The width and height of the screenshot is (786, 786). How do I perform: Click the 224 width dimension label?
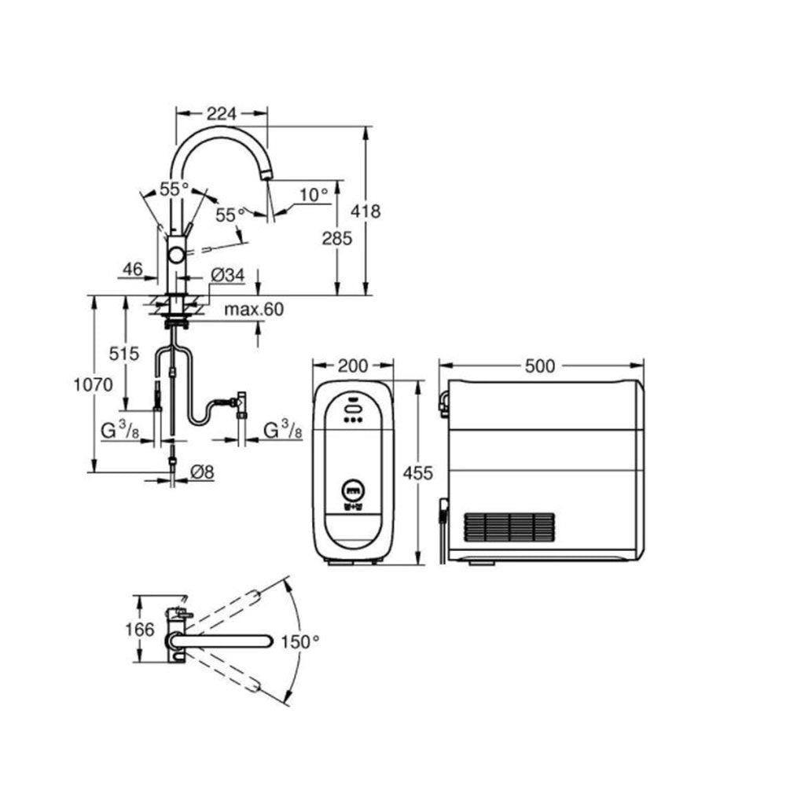(221, 113)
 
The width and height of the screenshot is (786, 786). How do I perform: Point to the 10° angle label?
(314, 194)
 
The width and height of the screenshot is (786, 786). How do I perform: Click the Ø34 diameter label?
(228, 275)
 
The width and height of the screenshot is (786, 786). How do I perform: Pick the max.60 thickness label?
(252, 310)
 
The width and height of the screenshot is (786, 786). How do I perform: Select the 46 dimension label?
(131, 269)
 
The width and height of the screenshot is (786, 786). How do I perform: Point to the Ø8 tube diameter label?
(204, 472)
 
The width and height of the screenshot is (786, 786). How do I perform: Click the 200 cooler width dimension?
(353, 365)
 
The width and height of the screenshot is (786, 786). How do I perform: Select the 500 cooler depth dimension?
(541, 365)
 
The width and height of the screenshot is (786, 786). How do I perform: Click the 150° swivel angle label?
(302, 641)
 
